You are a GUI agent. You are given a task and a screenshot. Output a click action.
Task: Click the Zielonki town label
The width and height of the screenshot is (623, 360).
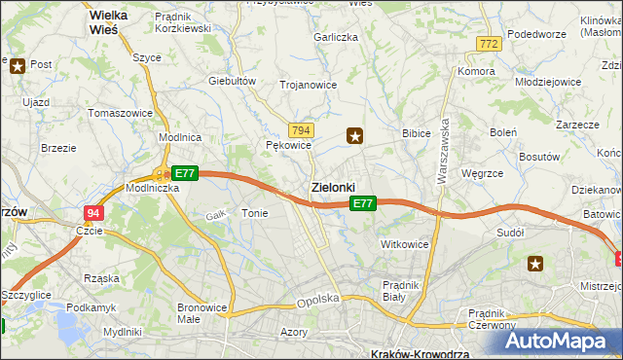coord(333,186)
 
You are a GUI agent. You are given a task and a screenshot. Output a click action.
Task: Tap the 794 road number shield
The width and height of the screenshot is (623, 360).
coord(301,129)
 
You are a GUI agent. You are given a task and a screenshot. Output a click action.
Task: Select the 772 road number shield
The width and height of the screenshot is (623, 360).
coord(489,44)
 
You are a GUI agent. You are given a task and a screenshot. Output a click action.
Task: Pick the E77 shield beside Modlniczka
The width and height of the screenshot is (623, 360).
coord(185,173)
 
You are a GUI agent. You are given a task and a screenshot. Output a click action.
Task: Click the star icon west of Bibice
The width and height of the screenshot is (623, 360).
coord(356,136)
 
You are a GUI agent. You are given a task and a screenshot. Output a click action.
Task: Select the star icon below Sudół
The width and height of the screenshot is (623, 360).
coord(535,263)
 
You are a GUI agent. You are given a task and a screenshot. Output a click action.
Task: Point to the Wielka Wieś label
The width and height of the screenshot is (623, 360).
coord(117,22)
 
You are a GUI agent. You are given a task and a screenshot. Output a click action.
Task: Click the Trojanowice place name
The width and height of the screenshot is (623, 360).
coord(308,85)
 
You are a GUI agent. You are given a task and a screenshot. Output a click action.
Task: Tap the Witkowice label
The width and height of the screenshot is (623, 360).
coord(405,244)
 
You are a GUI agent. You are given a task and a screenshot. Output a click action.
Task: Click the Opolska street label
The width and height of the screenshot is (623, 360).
coord(318,301)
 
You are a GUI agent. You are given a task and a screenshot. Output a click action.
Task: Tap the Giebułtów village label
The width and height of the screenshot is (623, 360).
coord(232,81)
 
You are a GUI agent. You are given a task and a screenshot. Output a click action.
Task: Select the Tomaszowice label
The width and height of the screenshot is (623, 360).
coord(120,113)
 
